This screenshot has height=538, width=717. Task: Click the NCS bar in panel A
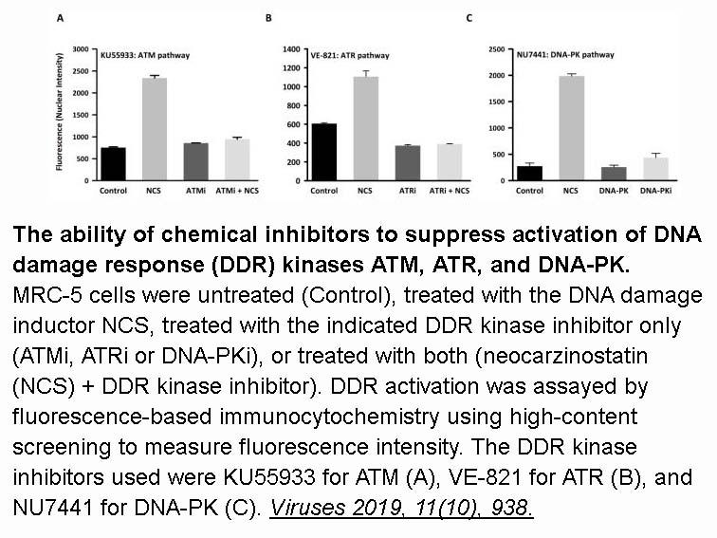tap(155, 129)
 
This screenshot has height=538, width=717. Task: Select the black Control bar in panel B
tap(323, 152)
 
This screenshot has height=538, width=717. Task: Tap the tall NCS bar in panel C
tap(572, 128)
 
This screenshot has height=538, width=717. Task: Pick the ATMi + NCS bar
tap(237, 159)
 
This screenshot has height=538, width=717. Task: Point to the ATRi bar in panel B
tap(408, 163)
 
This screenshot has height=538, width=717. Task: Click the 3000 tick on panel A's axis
tap(81, 49)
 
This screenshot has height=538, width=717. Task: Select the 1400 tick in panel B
tap(291, 49)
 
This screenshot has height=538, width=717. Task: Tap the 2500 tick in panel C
tap(497, 49)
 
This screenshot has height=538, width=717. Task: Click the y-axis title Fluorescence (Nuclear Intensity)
tap(59, 112)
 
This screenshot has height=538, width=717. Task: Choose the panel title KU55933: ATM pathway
tap(145, 55)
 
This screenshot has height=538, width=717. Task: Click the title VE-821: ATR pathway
tap(350, 55)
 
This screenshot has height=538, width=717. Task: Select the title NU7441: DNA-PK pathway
tap(565, 55)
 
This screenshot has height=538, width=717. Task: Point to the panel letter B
tap(268, 18)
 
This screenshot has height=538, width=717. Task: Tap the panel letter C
tap(469, 18)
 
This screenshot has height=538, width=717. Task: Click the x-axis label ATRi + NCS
tap(449, 191)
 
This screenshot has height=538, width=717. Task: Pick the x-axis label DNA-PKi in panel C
tap(655, 191)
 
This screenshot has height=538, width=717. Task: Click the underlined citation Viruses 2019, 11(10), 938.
tap(401, 508)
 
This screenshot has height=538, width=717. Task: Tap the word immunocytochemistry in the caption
tap(329, 417)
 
